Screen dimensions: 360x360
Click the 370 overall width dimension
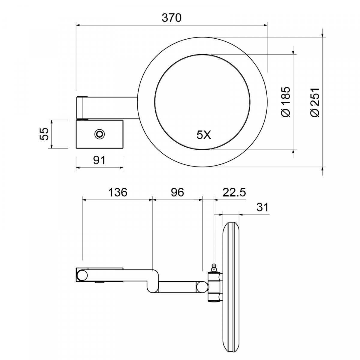[172, 18]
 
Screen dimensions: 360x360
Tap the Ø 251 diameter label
[315, 102]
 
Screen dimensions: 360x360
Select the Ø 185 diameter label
[286, 102]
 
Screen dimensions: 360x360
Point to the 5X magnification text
[204, 135]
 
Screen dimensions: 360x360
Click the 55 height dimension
[44, 134]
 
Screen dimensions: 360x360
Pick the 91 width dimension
[99, 160]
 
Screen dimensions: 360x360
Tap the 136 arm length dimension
[118, 192]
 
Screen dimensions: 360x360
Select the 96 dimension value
[178, 192]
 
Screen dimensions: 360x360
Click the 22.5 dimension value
[234, 192]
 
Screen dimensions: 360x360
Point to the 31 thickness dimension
[262, 207]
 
